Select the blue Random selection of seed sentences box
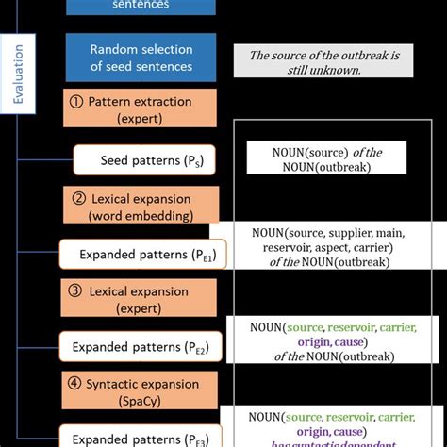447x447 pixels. tap(141, 57)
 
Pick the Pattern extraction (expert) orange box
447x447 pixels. tap(141, 108)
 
